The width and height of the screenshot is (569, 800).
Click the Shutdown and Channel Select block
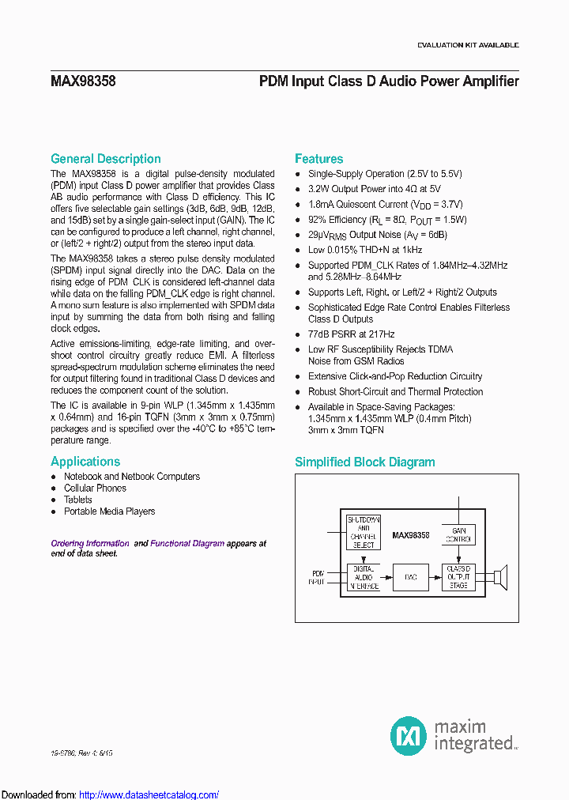tap(364, 531)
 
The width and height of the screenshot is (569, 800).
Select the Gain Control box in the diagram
tap(458, 534)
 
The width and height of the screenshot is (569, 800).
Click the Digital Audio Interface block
tap(364, 576)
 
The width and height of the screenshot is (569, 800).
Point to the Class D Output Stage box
tap(458, 576)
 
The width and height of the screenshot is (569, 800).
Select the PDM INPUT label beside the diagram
tap(318, 576)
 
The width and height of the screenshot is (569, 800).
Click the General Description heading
tap(105, 159)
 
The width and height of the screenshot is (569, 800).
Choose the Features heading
tap(318, 159)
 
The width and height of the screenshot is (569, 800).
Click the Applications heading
tap(85, 462)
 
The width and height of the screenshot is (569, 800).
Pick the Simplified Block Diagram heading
tap(364, 462)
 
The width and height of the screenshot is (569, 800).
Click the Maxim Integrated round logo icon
tap(408, 735)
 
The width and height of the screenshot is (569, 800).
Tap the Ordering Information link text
tap(89, 544)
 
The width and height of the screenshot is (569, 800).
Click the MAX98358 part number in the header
tap(82, 81)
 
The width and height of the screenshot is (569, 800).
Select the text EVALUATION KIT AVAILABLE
tap(468, 45)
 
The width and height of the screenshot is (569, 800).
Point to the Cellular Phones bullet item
tap(95, 489)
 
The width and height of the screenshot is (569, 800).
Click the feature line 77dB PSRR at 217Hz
tap(351, 334)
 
